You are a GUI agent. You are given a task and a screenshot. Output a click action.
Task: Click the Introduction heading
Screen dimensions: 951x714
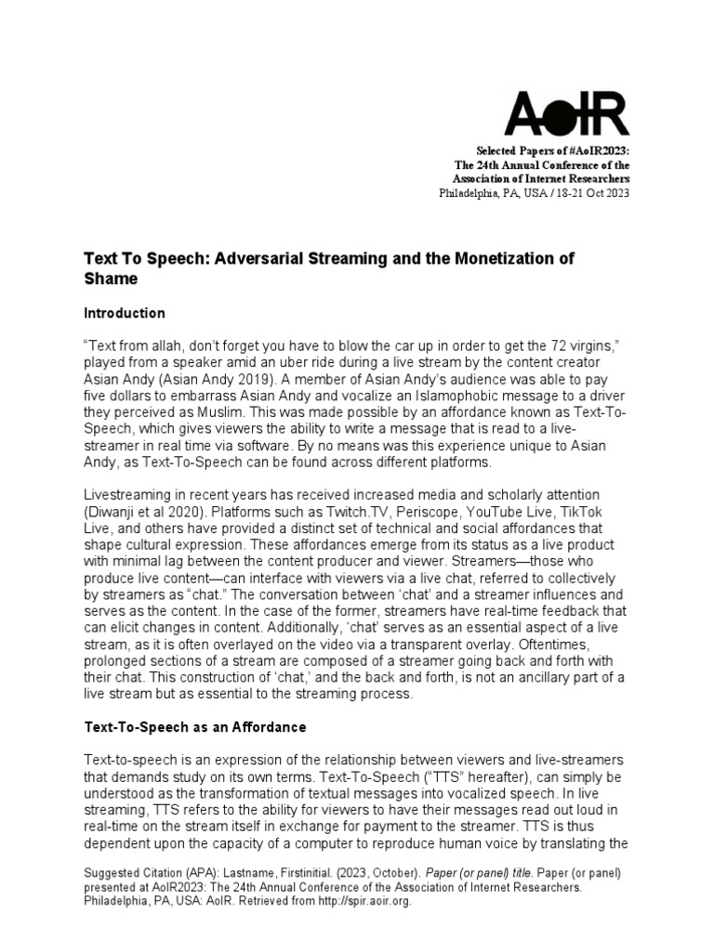[x=125, y=313]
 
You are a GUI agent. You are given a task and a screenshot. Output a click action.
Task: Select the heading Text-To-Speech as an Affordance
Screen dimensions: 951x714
[x=195, y=726]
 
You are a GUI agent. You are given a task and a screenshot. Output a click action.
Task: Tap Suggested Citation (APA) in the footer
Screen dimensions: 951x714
[x=147, y=874]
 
